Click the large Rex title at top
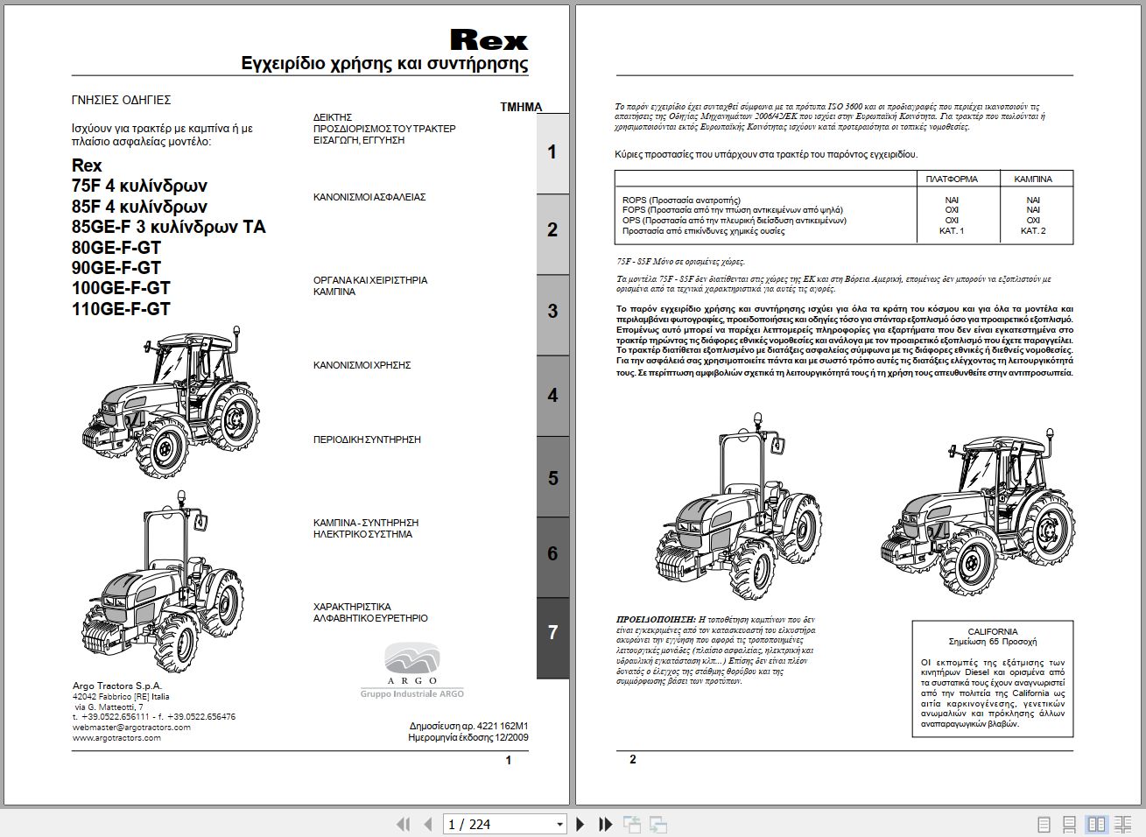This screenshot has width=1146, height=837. (489, 40)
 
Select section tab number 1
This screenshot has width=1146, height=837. (552, 152)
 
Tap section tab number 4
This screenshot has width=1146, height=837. (552, 395)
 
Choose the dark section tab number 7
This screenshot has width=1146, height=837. (552, 632)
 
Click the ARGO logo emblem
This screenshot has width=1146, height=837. (412, 659)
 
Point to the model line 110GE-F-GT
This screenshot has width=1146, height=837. (121, 309)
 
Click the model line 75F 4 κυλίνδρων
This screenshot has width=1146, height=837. (139, 186)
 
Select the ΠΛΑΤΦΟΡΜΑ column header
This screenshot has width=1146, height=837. (952, 179)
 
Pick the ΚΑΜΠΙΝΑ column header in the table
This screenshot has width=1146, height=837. (1033, 179)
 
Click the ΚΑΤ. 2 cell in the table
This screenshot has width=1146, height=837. (1033, 231)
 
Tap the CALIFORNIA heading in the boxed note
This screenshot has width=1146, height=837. (992, 631)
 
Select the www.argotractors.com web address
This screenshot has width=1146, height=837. (116, 738)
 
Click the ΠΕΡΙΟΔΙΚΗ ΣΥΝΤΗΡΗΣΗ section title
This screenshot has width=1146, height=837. (367, 440)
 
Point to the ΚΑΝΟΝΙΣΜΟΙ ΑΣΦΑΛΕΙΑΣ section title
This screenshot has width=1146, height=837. (369, 198)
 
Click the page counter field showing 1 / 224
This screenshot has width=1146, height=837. (498, 824)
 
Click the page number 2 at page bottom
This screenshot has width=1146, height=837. (633, 759)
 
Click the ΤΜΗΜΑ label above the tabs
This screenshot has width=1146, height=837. (521, 107)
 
